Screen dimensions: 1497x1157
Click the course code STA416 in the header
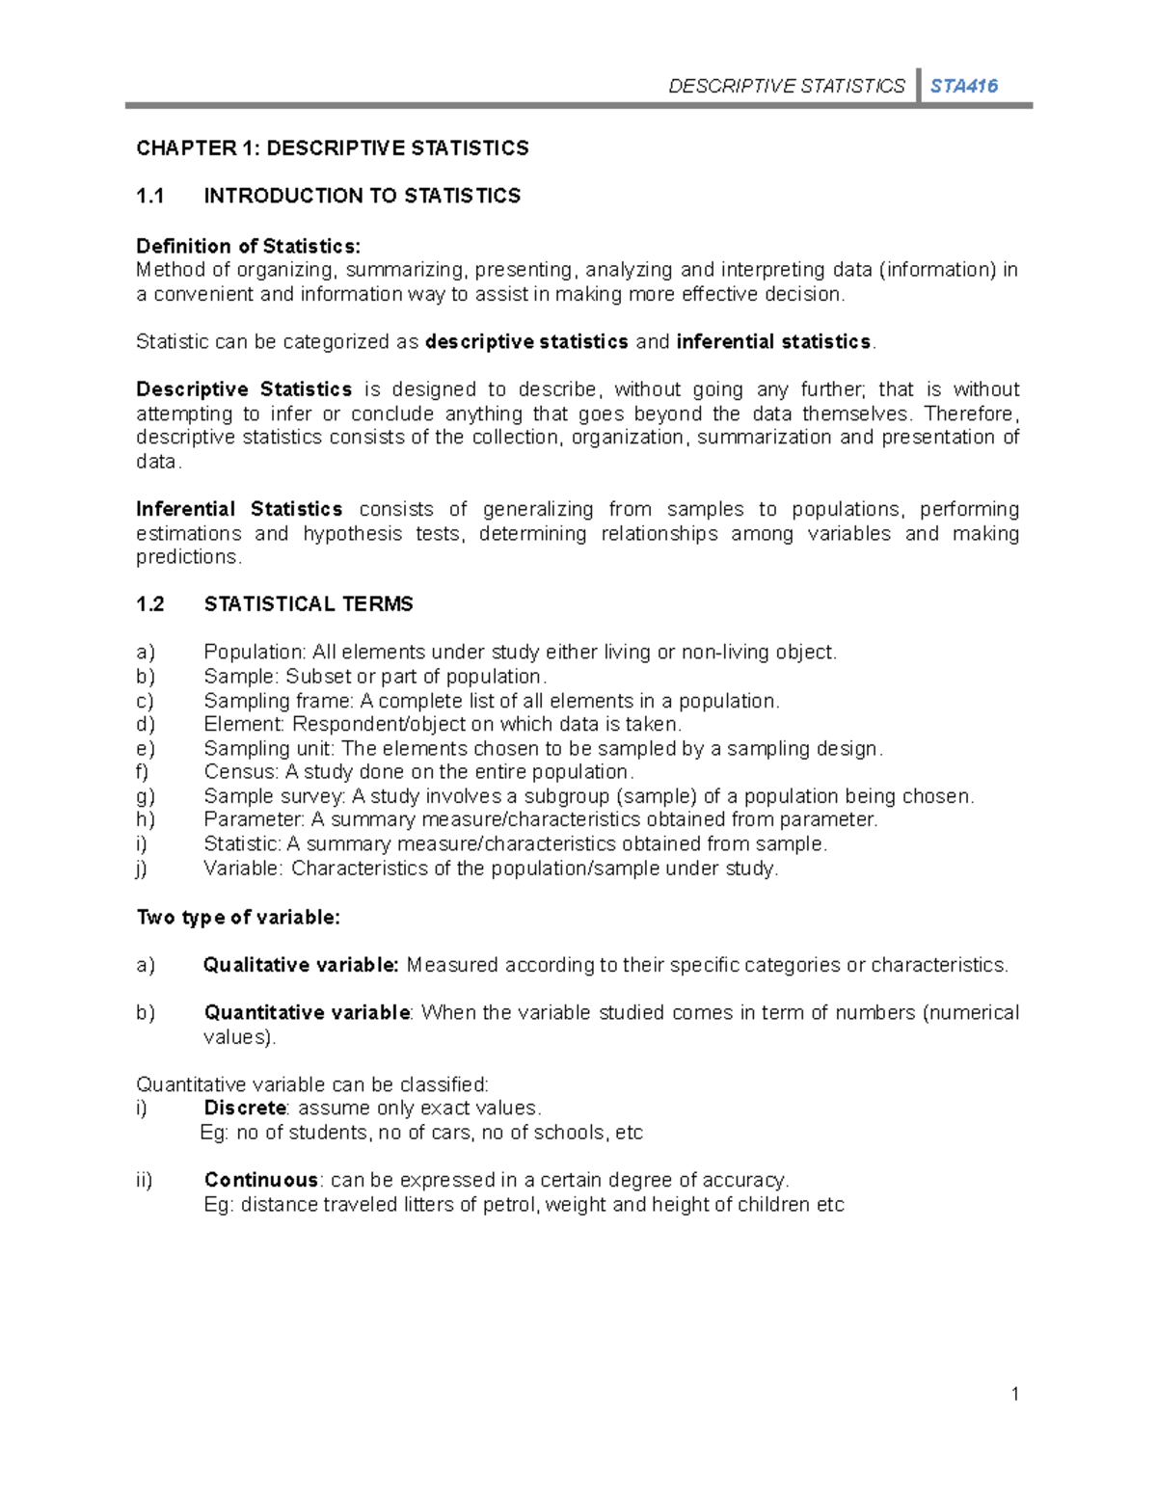pyautogui.click(x=963, y=86)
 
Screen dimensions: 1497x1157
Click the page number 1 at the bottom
pyautogui.click(x=1014, y=1394)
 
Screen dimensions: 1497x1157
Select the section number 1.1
pyautogui.click(x=150, y=196)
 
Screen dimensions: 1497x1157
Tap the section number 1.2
pyautogui.click(x=150, y=604)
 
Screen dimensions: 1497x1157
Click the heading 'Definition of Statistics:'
pyautogui.click(x=248, y=246)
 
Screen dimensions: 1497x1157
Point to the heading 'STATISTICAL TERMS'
pyautogui.click(x=309, y=604)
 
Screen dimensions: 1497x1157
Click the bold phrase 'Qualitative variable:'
pyautogui.click(x=301, y=965)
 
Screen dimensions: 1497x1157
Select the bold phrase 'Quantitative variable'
pyautogui.click(x=307, y=1012)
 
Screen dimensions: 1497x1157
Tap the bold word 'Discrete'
pyautogui.click(x=245, y=1108)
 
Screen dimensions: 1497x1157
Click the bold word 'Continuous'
pyautogui.click(x=260, y=1180)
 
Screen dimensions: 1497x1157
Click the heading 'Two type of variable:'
pyautogui.click(x=238, y=918)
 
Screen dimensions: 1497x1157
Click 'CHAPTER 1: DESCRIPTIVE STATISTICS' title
pyautogui.click(x=332, y=148)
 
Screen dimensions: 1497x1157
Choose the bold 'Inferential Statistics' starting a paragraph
pyautogui.click(x=239, y=509)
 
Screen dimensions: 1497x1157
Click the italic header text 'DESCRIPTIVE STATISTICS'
pyautogui.click(x=787, y=86)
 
